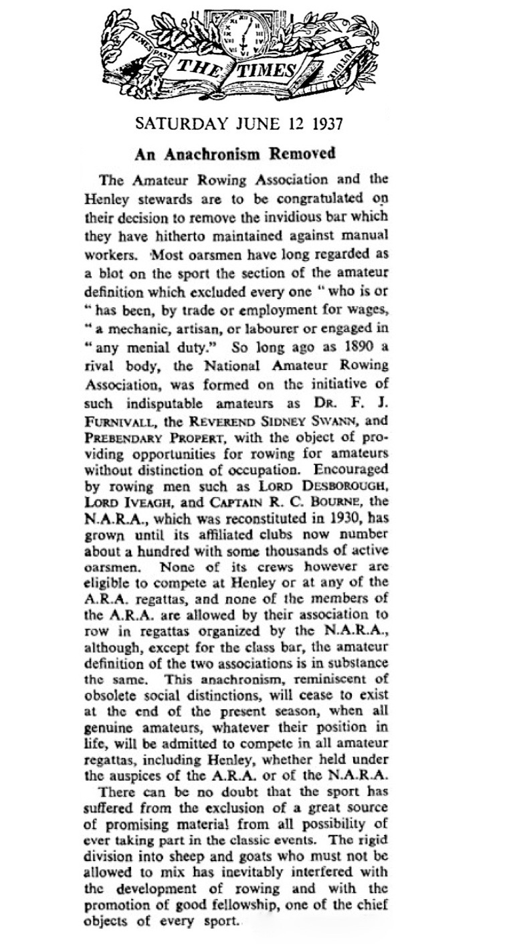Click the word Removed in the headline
[302, 153]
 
